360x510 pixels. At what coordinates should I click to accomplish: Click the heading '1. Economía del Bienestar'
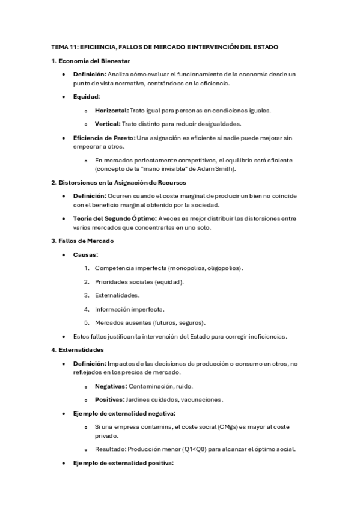click(x=90, y=61)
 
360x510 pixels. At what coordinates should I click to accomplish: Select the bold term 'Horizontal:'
click(x=112, y=111)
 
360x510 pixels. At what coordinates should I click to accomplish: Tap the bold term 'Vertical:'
click(x=108, y=124)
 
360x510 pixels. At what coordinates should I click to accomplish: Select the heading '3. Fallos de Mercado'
click(x=82, y=241)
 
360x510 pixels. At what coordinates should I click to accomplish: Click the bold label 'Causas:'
click(x=86, y=254)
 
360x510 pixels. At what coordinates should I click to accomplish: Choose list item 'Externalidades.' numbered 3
click(x=117, y=295)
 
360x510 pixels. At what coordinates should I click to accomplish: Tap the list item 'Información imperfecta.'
click(x=130, y=309)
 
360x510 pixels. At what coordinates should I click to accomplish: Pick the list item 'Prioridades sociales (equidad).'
click(x=139, y=281)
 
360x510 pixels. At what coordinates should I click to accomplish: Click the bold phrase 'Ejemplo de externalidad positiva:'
click(x=123, y=463)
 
